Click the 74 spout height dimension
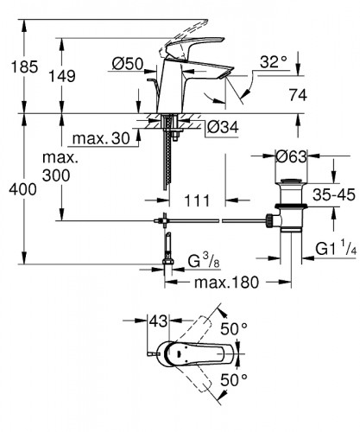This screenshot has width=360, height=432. (321, 96)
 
